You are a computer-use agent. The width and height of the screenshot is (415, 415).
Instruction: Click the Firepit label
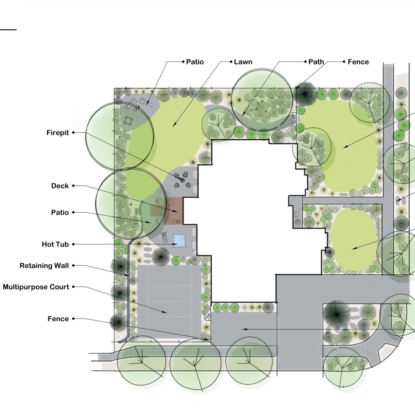(x=58, y=133)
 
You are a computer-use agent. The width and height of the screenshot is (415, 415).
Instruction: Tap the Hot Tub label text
(x=55, y=244)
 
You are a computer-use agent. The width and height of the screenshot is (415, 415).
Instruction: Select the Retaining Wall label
(x=44, y=266)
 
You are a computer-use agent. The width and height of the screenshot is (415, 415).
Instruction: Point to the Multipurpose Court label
(x=36, y=287)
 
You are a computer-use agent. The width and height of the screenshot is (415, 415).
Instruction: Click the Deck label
(x=60, y=186)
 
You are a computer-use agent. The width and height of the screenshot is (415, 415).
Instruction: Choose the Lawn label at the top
(x=243, y=62)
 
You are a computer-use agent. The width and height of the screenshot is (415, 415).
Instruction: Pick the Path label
(x=316, y=62)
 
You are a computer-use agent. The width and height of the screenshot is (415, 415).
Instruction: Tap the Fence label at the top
(x=358, y=62)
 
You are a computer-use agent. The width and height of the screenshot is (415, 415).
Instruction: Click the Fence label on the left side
(x=58, y=318)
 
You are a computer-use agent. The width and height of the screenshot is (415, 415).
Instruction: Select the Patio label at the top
(x=195, y=62)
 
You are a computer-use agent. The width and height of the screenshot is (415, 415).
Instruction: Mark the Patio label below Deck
(x=60, y=212)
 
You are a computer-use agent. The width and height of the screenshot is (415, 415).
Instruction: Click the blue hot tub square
(x=179, y=241)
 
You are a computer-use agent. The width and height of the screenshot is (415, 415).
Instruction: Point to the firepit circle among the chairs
(x=182, y=180)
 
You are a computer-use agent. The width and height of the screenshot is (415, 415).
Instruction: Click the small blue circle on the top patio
(x=152, y=105)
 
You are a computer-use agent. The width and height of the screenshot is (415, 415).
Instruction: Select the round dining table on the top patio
(x=128, y=121)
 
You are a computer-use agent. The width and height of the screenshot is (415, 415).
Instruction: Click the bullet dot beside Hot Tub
(x=73, y=244)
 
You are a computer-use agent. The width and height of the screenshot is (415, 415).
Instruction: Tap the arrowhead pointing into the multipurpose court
(x=165, y=312)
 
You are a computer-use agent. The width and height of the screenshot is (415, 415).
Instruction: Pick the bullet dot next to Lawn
(x=231, y=62)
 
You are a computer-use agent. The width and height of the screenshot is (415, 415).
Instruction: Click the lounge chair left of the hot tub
(x=165, y=237)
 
